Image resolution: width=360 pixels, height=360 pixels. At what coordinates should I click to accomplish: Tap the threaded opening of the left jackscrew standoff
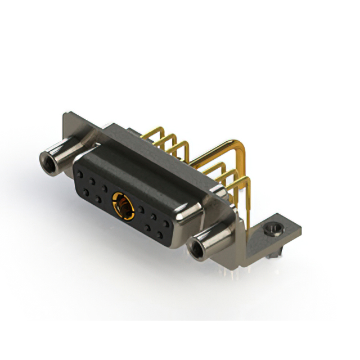[46, 163]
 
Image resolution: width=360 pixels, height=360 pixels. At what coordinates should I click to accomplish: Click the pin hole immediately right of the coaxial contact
[140, 210]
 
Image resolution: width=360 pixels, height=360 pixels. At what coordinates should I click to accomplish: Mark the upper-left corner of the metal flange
[64, 115]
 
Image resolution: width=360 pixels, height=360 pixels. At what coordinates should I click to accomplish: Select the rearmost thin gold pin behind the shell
[160, 135]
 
